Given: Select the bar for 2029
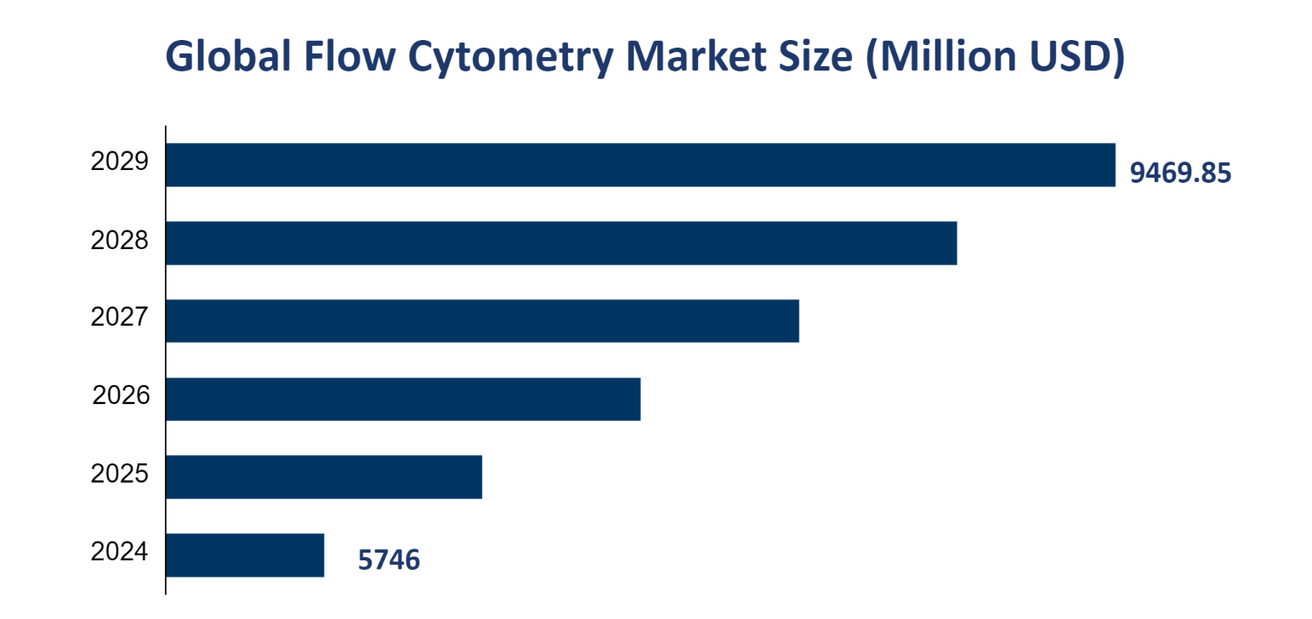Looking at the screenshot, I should point(639,164).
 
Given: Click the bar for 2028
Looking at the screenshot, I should point(561,242).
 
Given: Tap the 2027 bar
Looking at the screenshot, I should point(482,321).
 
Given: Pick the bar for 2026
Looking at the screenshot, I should point(403,399).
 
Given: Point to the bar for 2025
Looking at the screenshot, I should point(324,477).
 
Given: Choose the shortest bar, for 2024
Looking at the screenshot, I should point(245,555).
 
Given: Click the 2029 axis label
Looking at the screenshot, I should point(119,162).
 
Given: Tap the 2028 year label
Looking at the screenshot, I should point(119,241).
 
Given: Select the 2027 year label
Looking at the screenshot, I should point(119,318).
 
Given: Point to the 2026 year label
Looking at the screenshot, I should point(120,395).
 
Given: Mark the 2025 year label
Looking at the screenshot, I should point(119,474).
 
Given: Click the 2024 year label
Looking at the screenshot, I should point(119,552).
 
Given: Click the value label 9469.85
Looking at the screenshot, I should point(1179,173).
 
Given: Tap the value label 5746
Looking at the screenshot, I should point(389,560).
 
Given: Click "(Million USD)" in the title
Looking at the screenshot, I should point(995,57).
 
